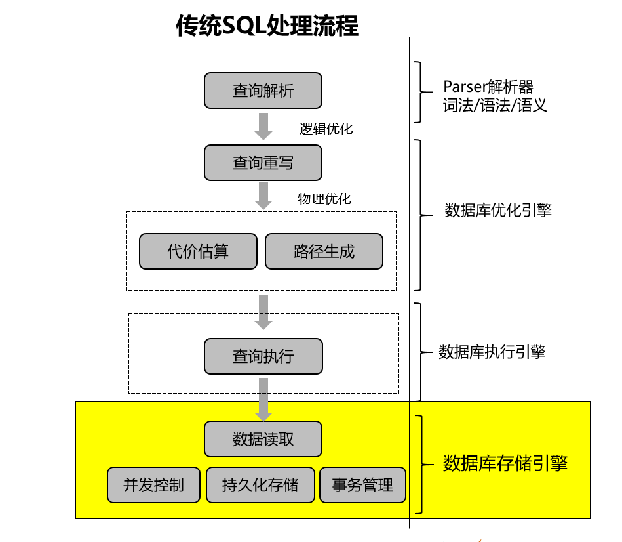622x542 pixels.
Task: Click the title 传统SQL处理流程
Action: pos(267,26)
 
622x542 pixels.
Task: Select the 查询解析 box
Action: pos(263,91)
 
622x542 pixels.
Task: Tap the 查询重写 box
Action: pos(263,163)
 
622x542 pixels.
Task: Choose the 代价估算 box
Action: pos(198,251)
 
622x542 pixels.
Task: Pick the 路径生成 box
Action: pos(324,251)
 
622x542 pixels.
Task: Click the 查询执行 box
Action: pos(263,356)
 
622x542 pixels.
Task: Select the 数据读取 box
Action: pos(263,439)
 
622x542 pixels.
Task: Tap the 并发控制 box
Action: pos(154,485)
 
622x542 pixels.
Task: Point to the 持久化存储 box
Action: pos(260,485)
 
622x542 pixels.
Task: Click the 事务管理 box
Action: pos(362,486)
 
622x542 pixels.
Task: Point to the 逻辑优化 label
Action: pos(326,129)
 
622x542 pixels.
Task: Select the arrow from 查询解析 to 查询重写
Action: pos(263,126)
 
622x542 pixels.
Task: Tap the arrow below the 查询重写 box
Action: pos(263,196)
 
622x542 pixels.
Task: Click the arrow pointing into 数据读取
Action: pos(263,399)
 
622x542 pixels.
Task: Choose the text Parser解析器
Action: pos(488,86)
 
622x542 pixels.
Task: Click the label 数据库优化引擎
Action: pos(497,210)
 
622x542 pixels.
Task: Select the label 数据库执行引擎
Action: pos(492,352)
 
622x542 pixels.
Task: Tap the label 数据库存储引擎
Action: pos(505,463)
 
